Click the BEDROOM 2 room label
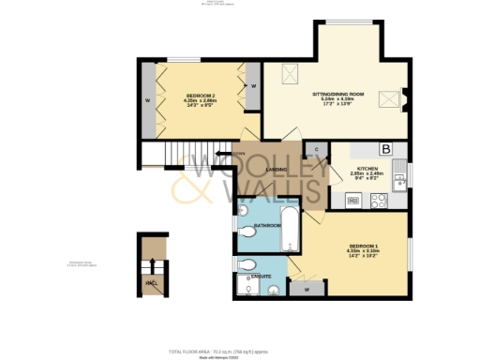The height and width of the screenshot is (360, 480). coord(200,97)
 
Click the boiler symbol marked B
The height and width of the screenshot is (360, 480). coord(384,149)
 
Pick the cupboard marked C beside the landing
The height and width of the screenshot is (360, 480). coord(317,151)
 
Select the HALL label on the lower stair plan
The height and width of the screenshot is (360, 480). coord(150,282)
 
